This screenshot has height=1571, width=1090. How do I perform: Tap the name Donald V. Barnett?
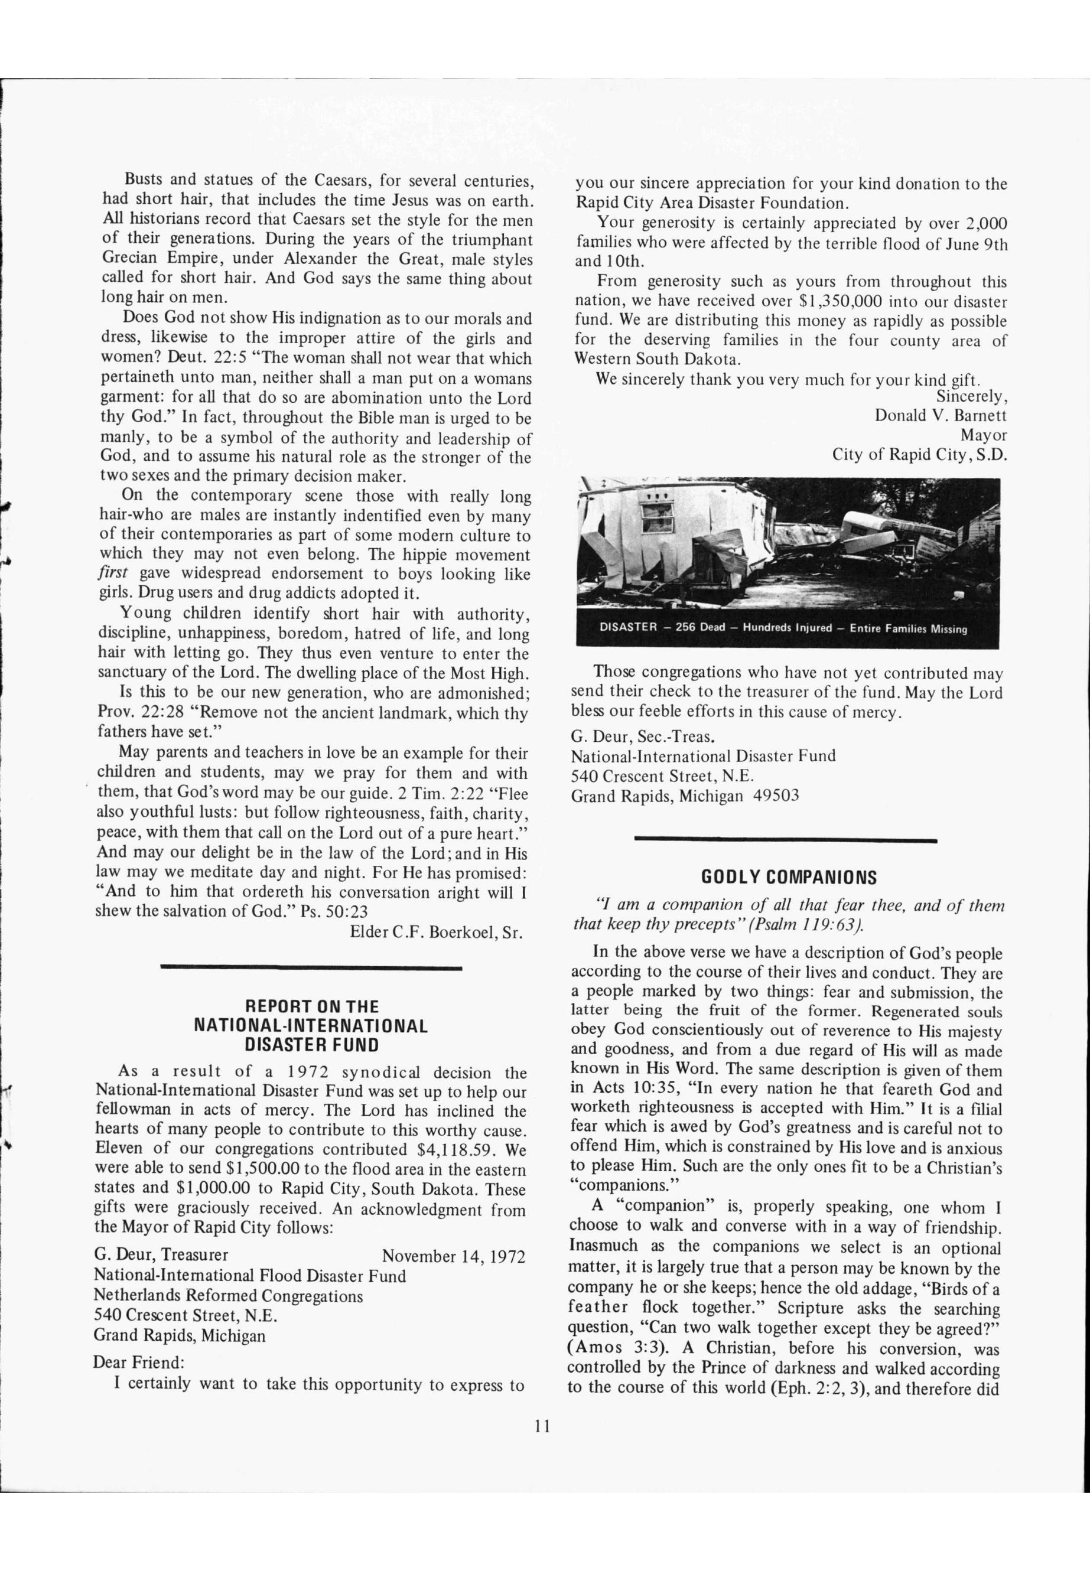coord(941,415)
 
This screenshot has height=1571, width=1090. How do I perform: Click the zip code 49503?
coord(775,796)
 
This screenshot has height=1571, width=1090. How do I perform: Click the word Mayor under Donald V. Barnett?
coord(984,435)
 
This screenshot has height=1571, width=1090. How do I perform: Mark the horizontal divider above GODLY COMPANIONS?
coord(785,839)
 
